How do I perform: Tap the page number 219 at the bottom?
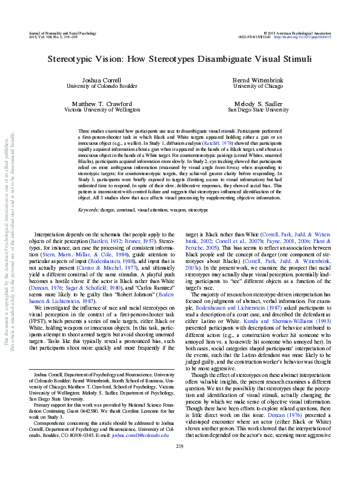pos(179,463)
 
